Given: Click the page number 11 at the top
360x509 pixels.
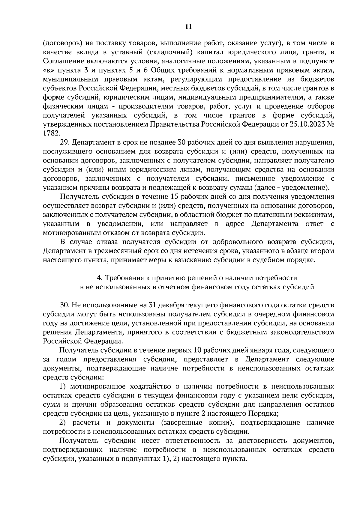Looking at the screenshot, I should click(x=188, y=27).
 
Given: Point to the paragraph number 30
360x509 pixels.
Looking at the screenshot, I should click(x=64, y=305).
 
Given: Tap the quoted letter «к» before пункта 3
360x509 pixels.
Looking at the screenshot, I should click(x=48, y=70).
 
